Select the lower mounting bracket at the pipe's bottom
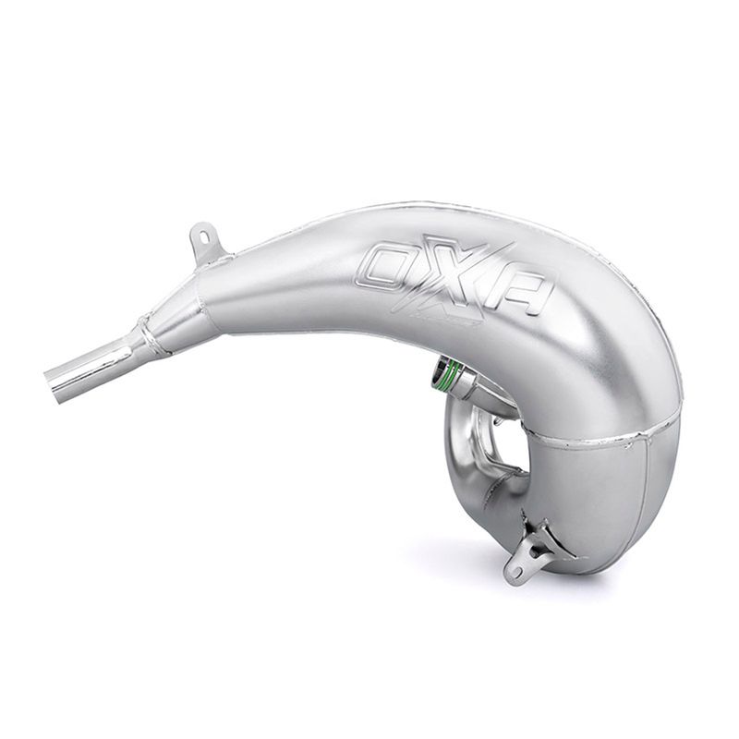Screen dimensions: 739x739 pyautogui.click(x=530, y=554)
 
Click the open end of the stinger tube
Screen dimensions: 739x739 pyautogui.click(x=54, y=383)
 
